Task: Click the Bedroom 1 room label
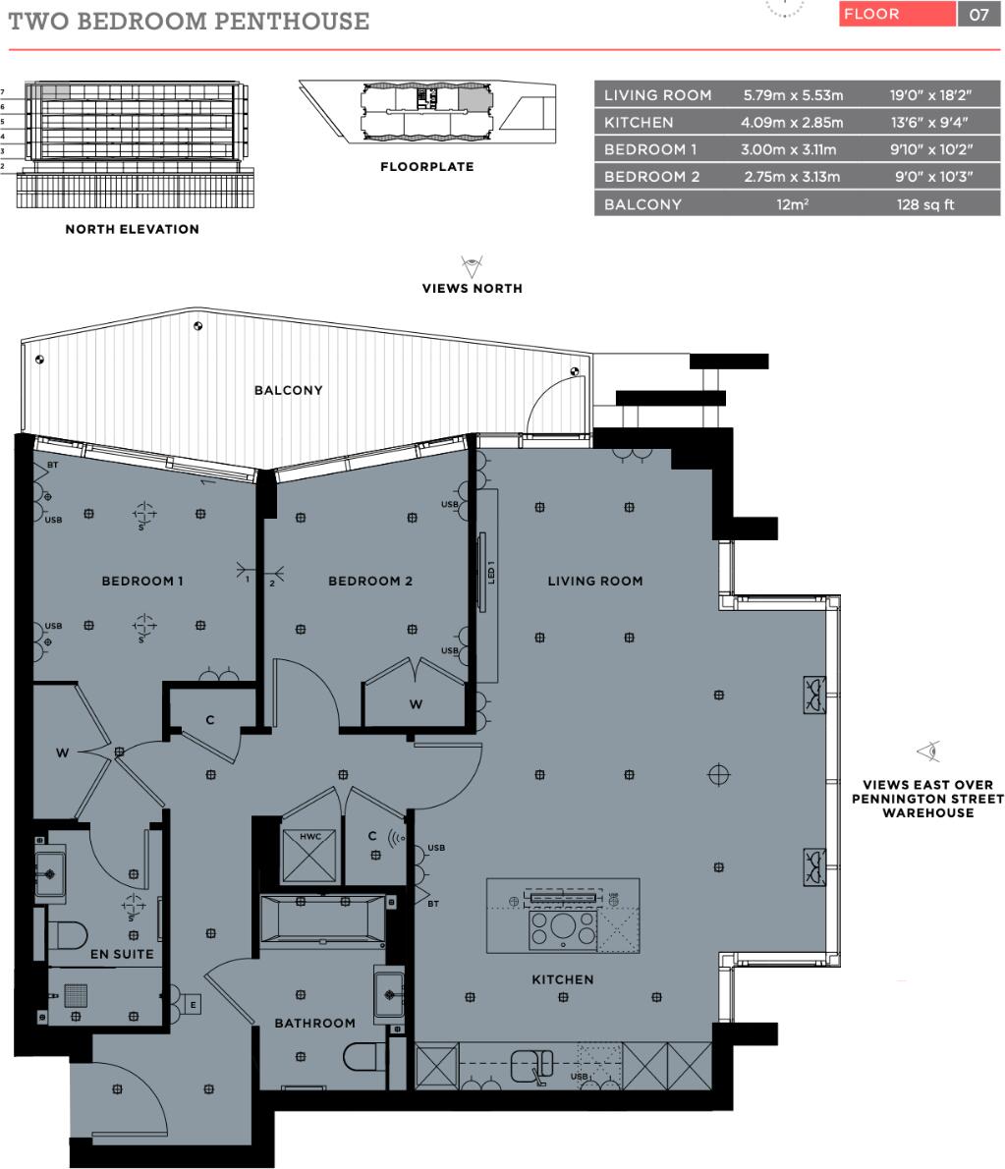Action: pos(142,581)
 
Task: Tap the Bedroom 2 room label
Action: pos(370,581)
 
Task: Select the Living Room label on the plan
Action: pos(595,581)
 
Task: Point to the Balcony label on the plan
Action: pos(288,390)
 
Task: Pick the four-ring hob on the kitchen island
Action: pos(562,929)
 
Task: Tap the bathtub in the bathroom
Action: pos(322,921)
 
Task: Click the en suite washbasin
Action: pos(51,867)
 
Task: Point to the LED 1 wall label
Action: pos(489,573)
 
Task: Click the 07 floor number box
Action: pos(978,15)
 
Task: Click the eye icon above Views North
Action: pos(473,265)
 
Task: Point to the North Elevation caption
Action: pos(132,229)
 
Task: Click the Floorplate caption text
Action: pos(426,167)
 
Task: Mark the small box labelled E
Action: pos(193,1004)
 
